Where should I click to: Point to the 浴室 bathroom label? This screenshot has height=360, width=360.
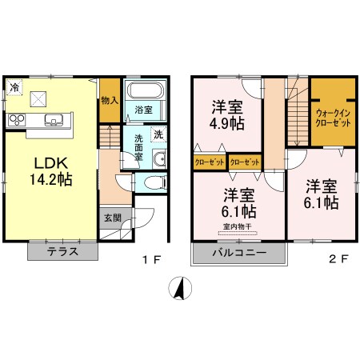point(144,109)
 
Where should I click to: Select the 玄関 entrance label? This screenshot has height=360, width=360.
point(111,216)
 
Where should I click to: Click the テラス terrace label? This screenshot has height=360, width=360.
point(62,251)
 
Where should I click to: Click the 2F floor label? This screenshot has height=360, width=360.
point(339,259)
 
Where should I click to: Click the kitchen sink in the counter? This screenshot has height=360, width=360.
point(54,121)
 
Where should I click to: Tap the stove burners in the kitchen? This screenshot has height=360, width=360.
point(18,121)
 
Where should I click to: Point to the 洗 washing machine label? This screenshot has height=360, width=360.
point(158,134)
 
